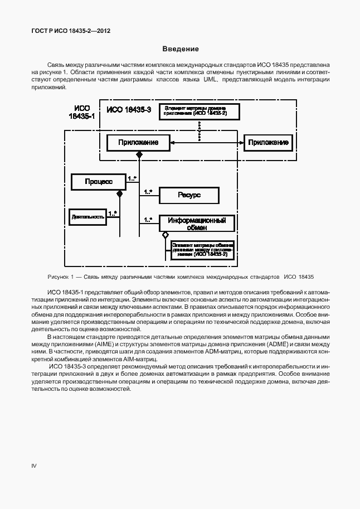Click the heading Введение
pos(180,49)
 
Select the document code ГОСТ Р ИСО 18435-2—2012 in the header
pos(71,31)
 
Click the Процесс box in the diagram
pos(99,182)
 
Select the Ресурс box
pos(189,195)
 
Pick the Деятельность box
pos(87,216)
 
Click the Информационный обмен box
pos(197,223)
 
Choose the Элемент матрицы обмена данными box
pos(203,249)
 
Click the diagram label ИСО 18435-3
pos(129,110)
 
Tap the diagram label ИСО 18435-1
pos(81,112)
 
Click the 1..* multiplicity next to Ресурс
pos(148,192)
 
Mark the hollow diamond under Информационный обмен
pos(165,235)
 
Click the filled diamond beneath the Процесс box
pos(119,194)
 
